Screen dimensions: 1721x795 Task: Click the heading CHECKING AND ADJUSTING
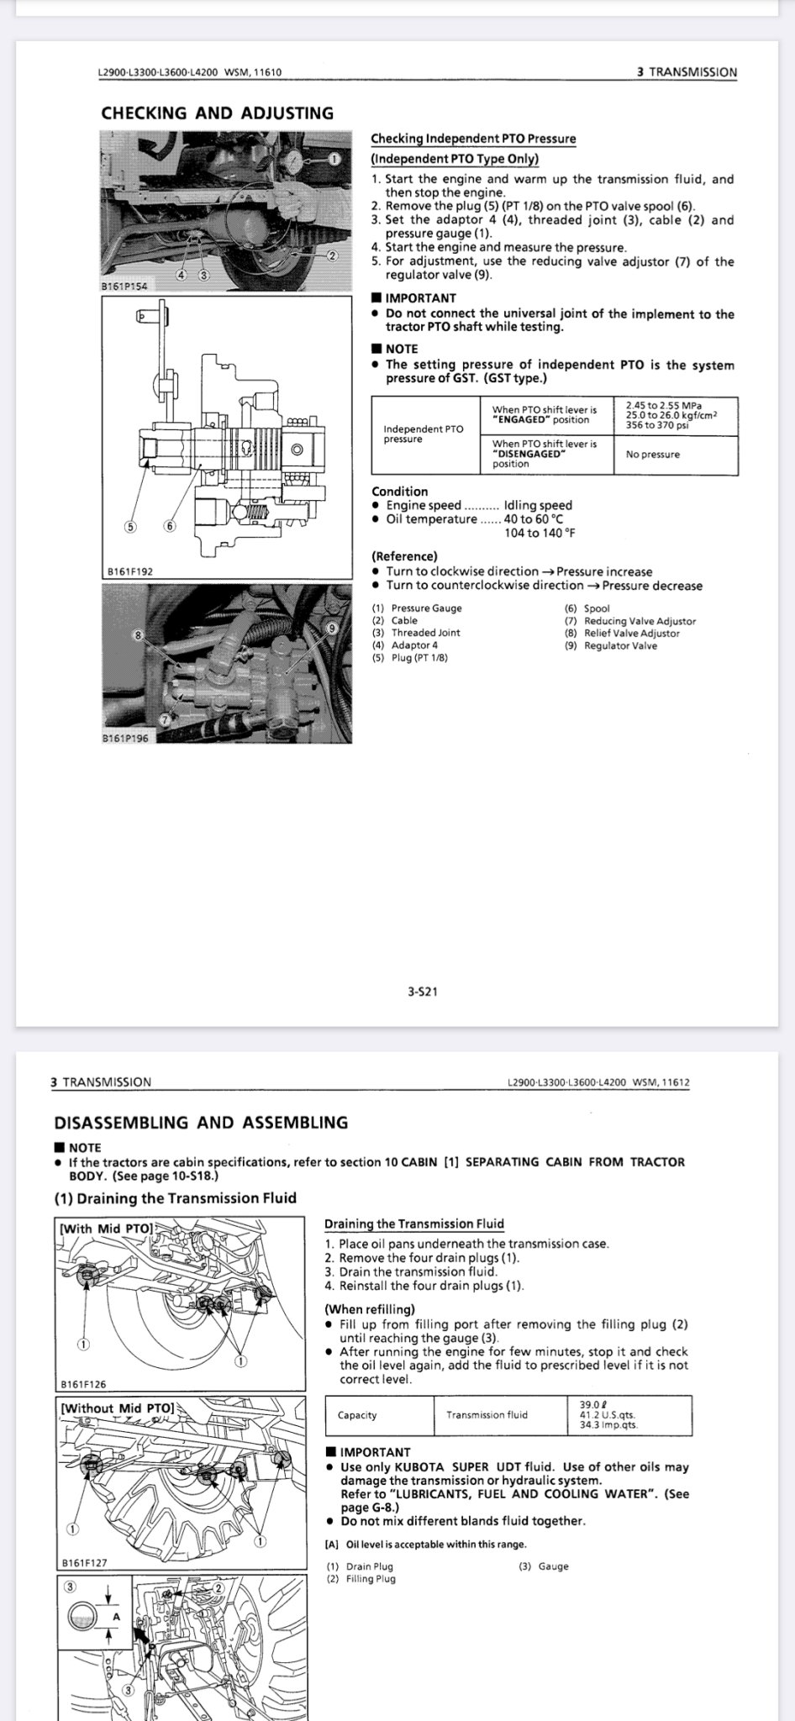pyautogui.click(x=217, y=113)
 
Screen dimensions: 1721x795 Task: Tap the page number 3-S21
pyautogui.click(x=422, y=992)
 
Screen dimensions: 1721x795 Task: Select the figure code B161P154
pyautogui.click(x=124, y=287)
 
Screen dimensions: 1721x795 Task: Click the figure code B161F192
pyautogui.click(x=129, y=571)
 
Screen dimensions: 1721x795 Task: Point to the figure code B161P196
pyautogui.click(x=124, y=739)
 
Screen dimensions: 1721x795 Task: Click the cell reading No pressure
pyautogui.click(x=653, y=455)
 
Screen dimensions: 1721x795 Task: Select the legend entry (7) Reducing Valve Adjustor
pyautogui.click(x=629, y=621)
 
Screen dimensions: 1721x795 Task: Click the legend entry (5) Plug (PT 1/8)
pyautogui.click(x=409, y=658)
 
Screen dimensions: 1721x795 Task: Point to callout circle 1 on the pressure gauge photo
pyautogui.click(x=334, y=158)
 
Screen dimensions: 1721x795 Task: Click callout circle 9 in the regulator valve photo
pyautogui.click(x=332, y=628)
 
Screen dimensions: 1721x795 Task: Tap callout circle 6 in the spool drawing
pyautogui.click(x=170, y=526)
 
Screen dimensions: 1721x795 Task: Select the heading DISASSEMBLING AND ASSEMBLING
pyautogui.click(x=201, y=1123)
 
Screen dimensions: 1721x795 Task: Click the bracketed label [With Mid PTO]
pyautogui.click(x=107, y=1228)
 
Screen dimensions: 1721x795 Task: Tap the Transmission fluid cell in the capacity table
pyautogui.click(x=487, y=1415)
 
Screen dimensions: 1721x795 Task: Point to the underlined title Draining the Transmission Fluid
pyautogui.click(x=414, y=1224)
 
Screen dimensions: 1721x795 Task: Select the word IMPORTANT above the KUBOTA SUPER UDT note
pyautogui.click(x=375, y=1452)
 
